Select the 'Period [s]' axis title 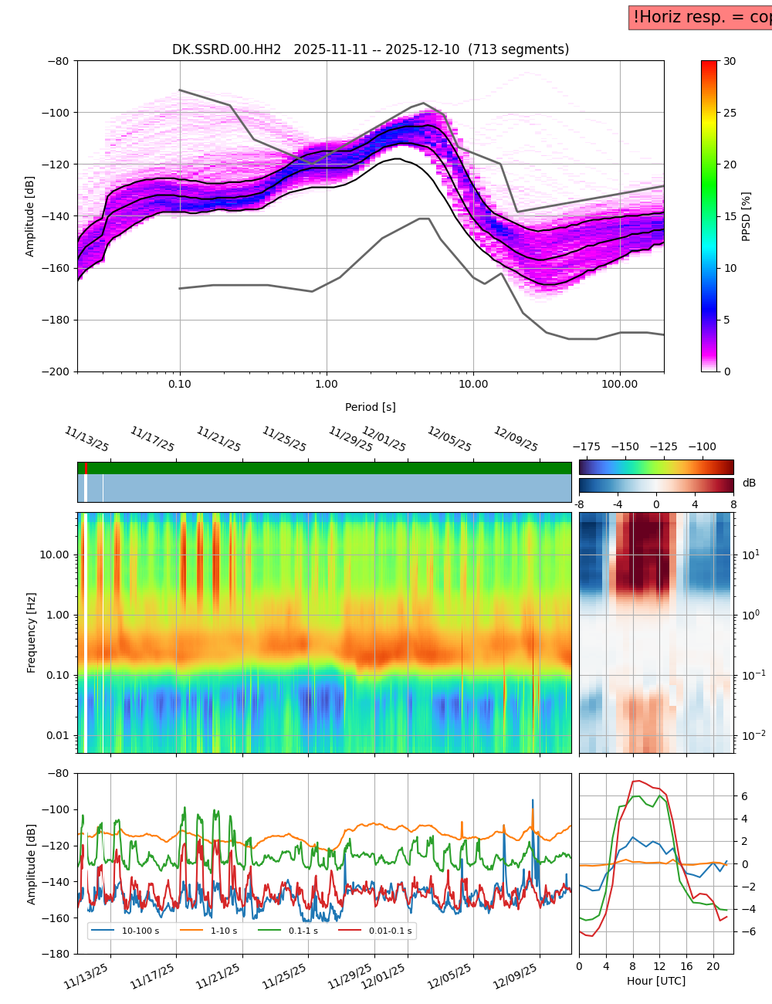click(x=370, y=407)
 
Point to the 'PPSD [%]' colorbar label click(x=747, y=216)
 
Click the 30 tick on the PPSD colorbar click(x=730, y=61)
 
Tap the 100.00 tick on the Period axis click(x=620, y=384)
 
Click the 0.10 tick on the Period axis click(x=180, y=384)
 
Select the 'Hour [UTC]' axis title click(x=655, y=981)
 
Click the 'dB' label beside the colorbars click(x=749, y=483)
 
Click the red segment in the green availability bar click(x=86, y=468)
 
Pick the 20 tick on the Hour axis click(x=713, y=966)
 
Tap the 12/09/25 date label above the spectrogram click(x=516, y=439)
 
